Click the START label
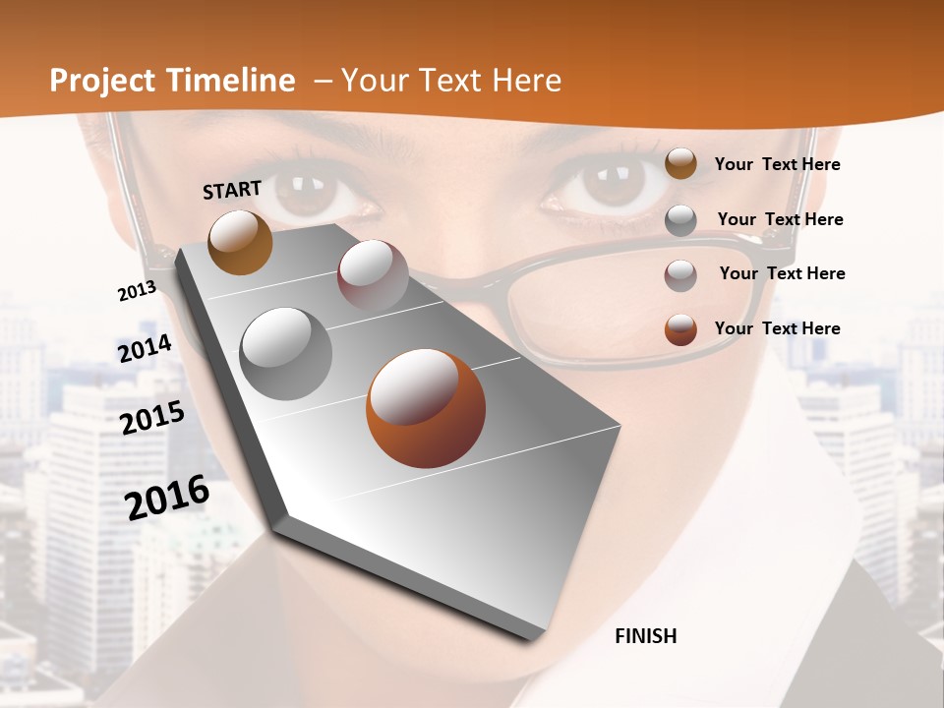232,189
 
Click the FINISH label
645,636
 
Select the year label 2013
137,291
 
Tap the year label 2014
145,348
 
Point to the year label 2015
151,418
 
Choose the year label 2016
167,498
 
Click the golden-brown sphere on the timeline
240,242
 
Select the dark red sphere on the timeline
373,274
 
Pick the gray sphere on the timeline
285,353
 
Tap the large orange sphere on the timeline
426,407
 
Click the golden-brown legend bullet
680,163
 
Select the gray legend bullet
680,219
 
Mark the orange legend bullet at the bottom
680,329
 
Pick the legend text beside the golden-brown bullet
777,164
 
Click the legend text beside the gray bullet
780,219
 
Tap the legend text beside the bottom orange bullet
777,328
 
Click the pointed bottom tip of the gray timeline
529,637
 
